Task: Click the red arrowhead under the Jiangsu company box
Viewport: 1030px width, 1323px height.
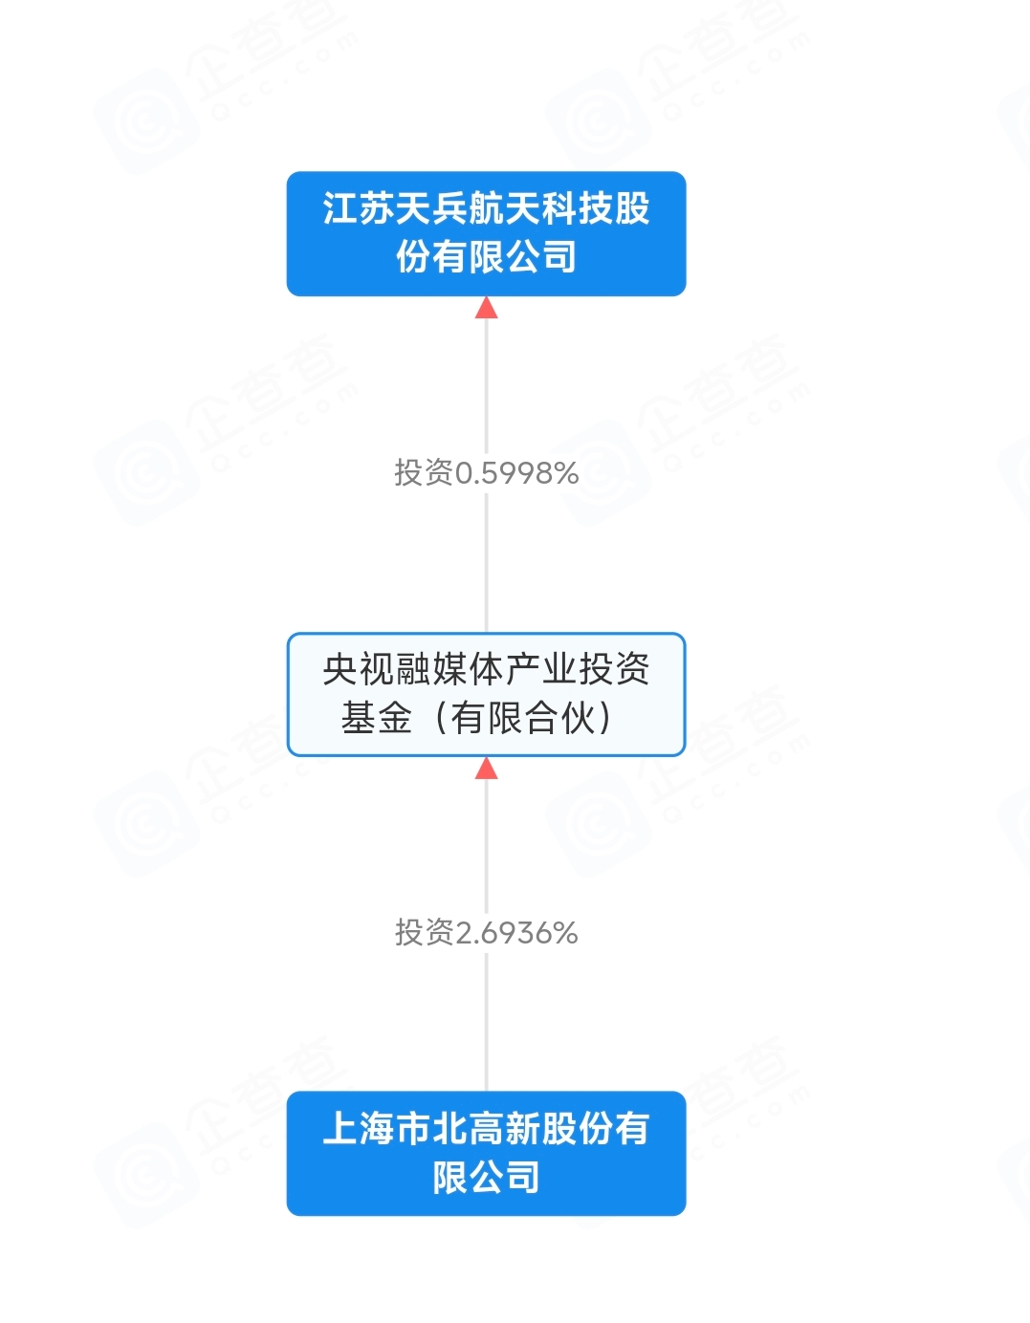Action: pyautogui.click(x=486, y=308)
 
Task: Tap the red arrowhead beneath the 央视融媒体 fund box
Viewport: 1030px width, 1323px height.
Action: pyautogui.click(x=486, y=769)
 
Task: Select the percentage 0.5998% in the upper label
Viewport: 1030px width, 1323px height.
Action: pyautogui.click(x=516, y=473)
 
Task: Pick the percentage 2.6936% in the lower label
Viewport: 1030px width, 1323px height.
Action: pyautogui.click(x=516, y=933)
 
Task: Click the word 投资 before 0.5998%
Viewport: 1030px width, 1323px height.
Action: pyautogui.click(x=424, y=473)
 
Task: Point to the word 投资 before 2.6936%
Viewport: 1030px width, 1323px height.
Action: pyautogui.click(x=425, y=933)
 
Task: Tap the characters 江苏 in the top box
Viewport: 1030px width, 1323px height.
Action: pyautogui.click(x=359, y=208)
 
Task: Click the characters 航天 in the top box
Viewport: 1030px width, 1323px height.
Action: pyautogui.click(x=505, y=208)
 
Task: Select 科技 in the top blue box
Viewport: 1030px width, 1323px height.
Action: pyautogui.click(x=578, y=208)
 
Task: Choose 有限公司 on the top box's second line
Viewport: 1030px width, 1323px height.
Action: pyautogui.click(x=505, y=257)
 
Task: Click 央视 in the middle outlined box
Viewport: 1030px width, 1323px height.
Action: pyautogui.click(x=359, y=669)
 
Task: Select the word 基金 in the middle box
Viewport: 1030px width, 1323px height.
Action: pyautogui.click(x=377, y=718)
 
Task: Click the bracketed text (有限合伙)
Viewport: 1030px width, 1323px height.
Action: pyautogui.click(x=523, y=718)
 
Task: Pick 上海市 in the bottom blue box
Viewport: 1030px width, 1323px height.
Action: pyautogui.click(x=377, y=1129)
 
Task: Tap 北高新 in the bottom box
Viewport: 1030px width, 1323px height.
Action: pyautogui.click(x=486, y=1129)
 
